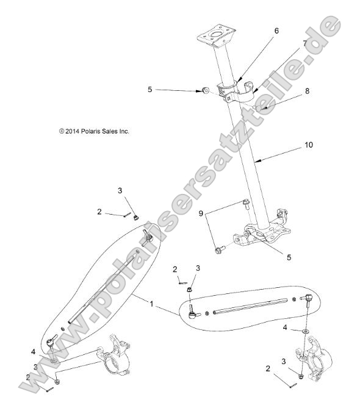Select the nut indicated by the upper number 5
click(205, 90)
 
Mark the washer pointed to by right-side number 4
click(303, 332)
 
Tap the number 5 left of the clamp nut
click(149, 90)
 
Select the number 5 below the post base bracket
click(289, 257)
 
